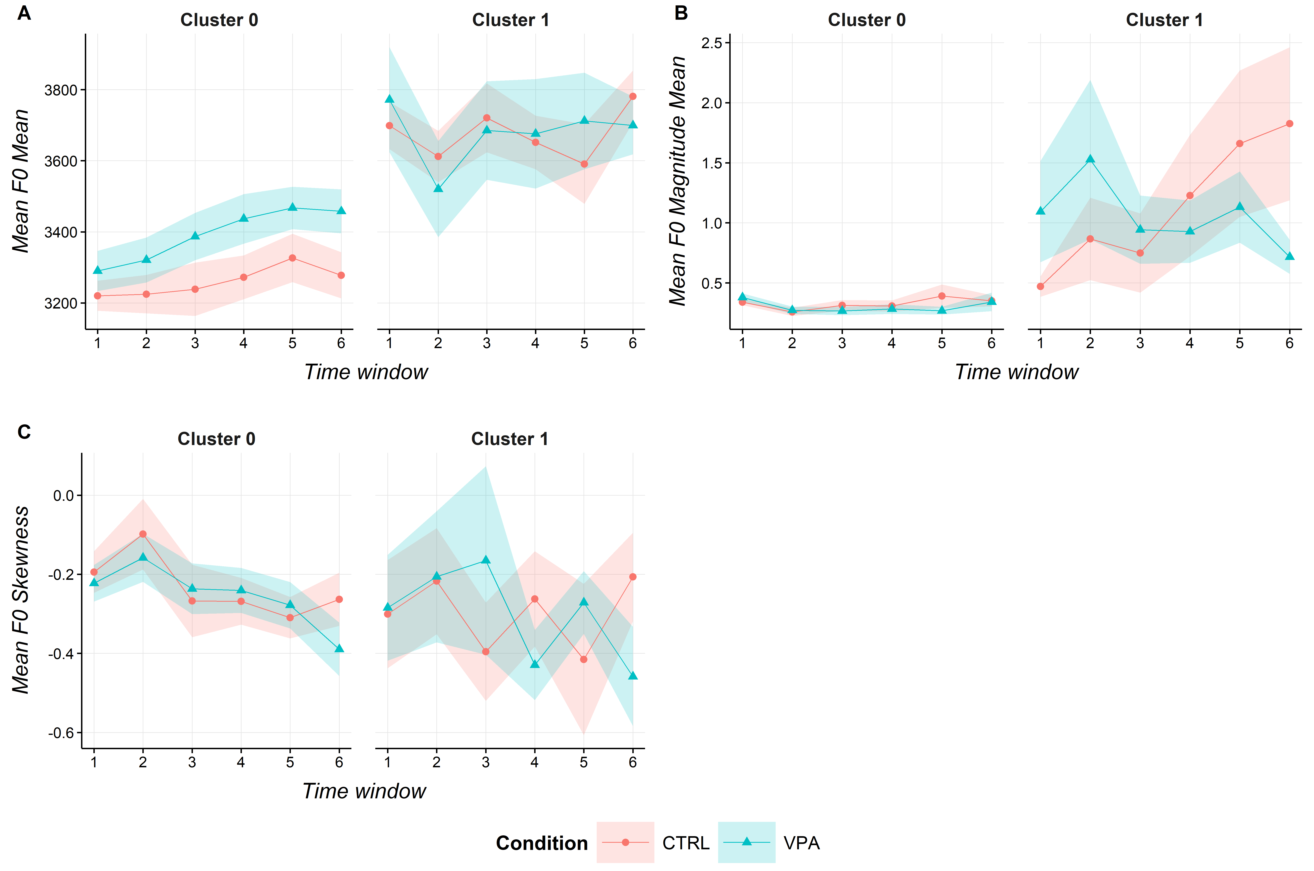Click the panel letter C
pyautogui.click(x=24, y=432)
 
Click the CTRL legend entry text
pyautogui.click(x=686, y=843)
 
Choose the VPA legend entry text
pyautogui.click(x=801, y=843)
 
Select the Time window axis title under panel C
pyautogui.click(x=364, y=790)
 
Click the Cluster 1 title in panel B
pyautogui.click(x=1164, y=20)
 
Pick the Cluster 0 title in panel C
pyautogui.click(x=216, y=439)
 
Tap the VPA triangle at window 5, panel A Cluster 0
pyautogui.click(x=292, y=207)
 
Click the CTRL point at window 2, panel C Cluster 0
pyautogui.click(x=143, y=534)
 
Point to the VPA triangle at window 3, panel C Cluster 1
pyautogui.click(x=486, y=559)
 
